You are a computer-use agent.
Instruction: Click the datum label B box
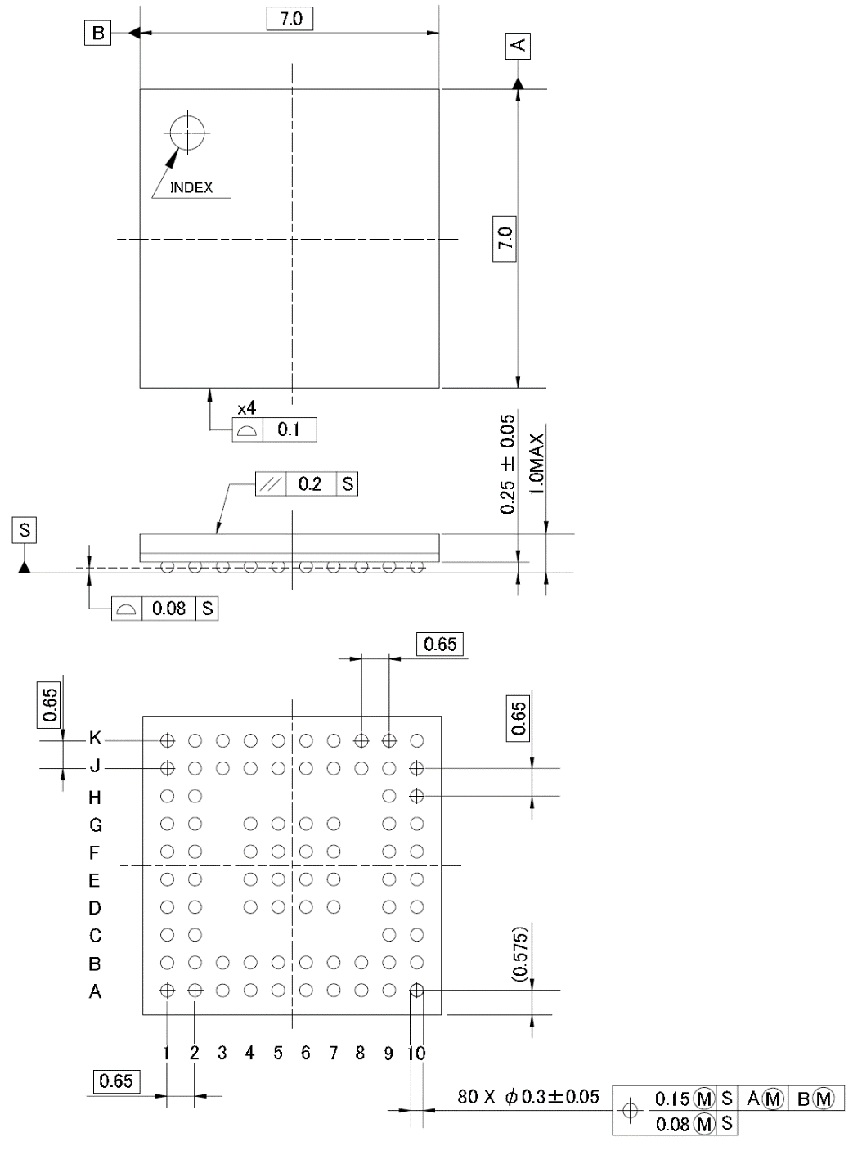click(97, 33)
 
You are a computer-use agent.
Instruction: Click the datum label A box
click(518, 46)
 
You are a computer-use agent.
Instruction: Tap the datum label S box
click(25, 529)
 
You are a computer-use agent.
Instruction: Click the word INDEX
click(191, 187)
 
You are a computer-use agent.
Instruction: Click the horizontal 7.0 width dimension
click(290, 19)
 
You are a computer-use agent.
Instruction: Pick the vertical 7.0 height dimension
click(505, 238)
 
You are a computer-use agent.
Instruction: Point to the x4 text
click(247, 408)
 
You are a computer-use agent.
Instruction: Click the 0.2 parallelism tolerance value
click(310, 483)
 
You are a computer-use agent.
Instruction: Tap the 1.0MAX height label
click(537, 464)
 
